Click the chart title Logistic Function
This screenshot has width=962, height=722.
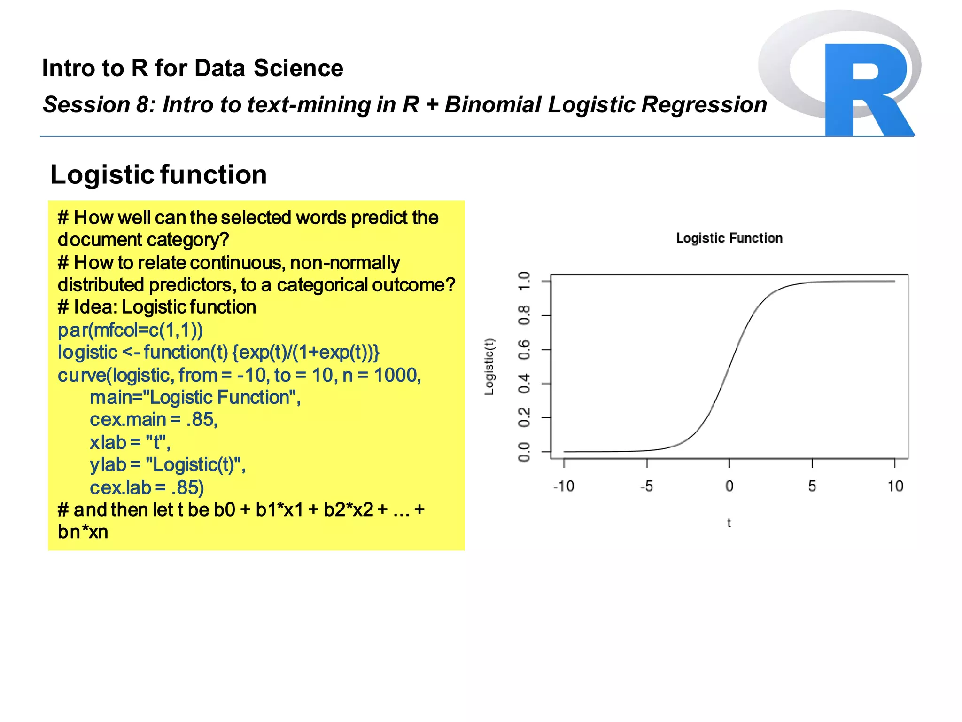(x=729, y=238)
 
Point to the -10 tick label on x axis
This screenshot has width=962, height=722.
(x=563, y=486)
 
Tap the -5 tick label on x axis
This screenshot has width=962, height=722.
(x=647, y=486)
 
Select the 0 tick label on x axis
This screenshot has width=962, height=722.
(x=729, y=486)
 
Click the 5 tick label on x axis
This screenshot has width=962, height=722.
(x=812, y=486)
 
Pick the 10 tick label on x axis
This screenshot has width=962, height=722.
(x=895, y=486)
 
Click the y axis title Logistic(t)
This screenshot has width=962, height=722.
(x=489, y=367)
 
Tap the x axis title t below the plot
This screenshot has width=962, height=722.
(x=729, y=523)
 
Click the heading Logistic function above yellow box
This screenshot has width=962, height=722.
(x=158, y=175)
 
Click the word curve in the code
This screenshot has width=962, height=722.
(x=82, y=376)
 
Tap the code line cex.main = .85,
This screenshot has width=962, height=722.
(x=154, y=420)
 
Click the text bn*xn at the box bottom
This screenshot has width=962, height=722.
(x=83, y=532)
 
